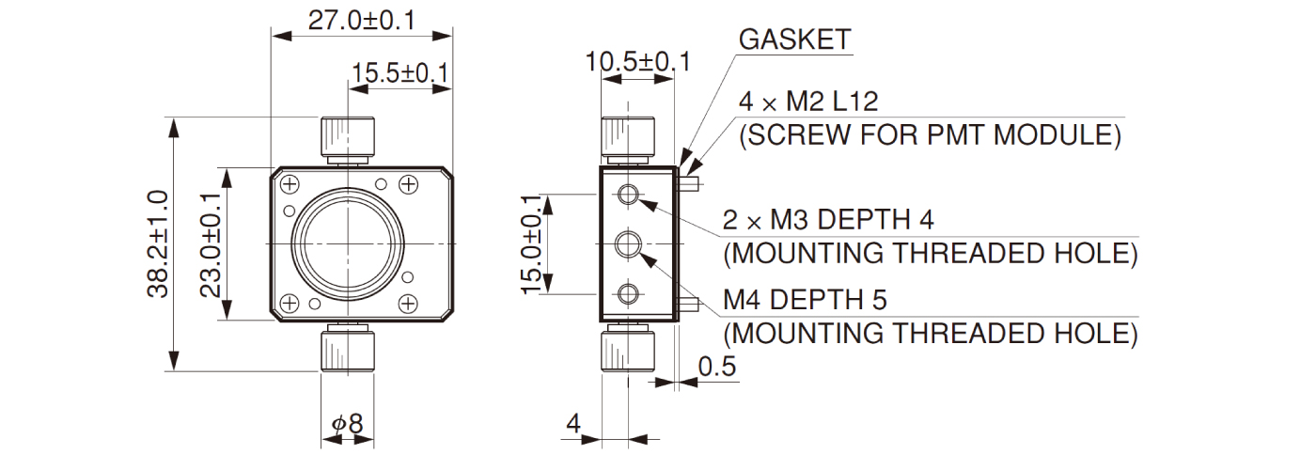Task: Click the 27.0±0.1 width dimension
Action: (362, 20)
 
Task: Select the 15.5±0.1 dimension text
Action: (400, 72)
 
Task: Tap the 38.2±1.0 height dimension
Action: (157, 244)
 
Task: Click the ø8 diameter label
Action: (348, 424)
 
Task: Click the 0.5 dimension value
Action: (717, 367)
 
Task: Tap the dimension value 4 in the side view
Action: (572, 424)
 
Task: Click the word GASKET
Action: (795, 39)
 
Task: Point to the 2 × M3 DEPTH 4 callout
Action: (828, 220)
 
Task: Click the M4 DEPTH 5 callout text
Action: (805, 300)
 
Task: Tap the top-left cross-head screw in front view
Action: (290, 183)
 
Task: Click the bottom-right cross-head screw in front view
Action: (408, 303)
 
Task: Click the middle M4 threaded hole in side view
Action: (627, 245)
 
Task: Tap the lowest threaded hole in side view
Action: (627, 294)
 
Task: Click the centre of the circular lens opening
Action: (349, 243)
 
